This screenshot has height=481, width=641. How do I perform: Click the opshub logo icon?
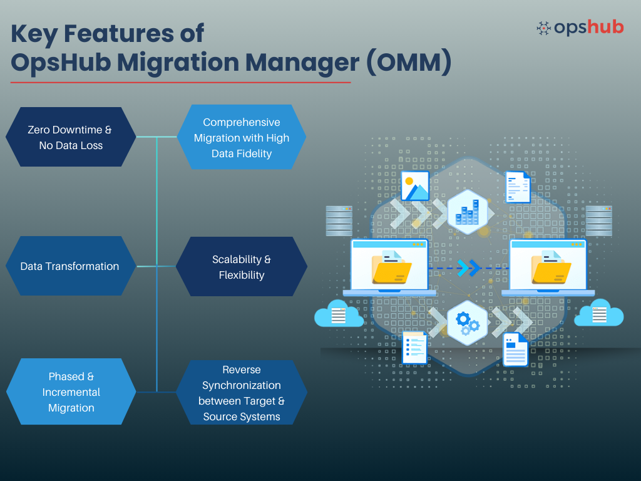click(x=544, y=28)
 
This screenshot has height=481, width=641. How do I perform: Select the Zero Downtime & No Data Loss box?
click(x=70, y=137)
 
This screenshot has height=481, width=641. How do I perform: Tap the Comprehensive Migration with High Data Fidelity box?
click(x=242, y=137)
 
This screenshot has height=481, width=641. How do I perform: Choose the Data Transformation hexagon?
click(x=70, y=266)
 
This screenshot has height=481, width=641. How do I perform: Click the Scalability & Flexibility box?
click(x=242, y=267)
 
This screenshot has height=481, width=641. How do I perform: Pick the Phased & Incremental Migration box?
click(x=71, y=392)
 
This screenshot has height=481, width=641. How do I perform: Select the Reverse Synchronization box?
click(x=242, y=393)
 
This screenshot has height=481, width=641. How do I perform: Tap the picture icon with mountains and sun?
click(x=414, y=186)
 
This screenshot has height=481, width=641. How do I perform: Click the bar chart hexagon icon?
click(x=468, y=212)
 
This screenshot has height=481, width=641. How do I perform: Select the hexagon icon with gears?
click(x=468, y=323)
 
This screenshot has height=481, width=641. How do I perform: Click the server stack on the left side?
click(x=339, y=220)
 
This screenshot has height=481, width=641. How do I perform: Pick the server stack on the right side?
click(x=598, y=220)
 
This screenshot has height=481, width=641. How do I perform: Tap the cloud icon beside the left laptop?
click(x=338, y=314)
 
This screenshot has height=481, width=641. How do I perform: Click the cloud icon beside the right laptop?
click(x=598, y=314)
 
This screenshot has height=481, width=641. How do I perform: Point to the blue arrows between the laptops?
click(x=468, y=267)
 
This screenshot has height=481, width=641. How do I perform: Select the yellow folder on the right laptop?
click(x=551, y=268)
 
